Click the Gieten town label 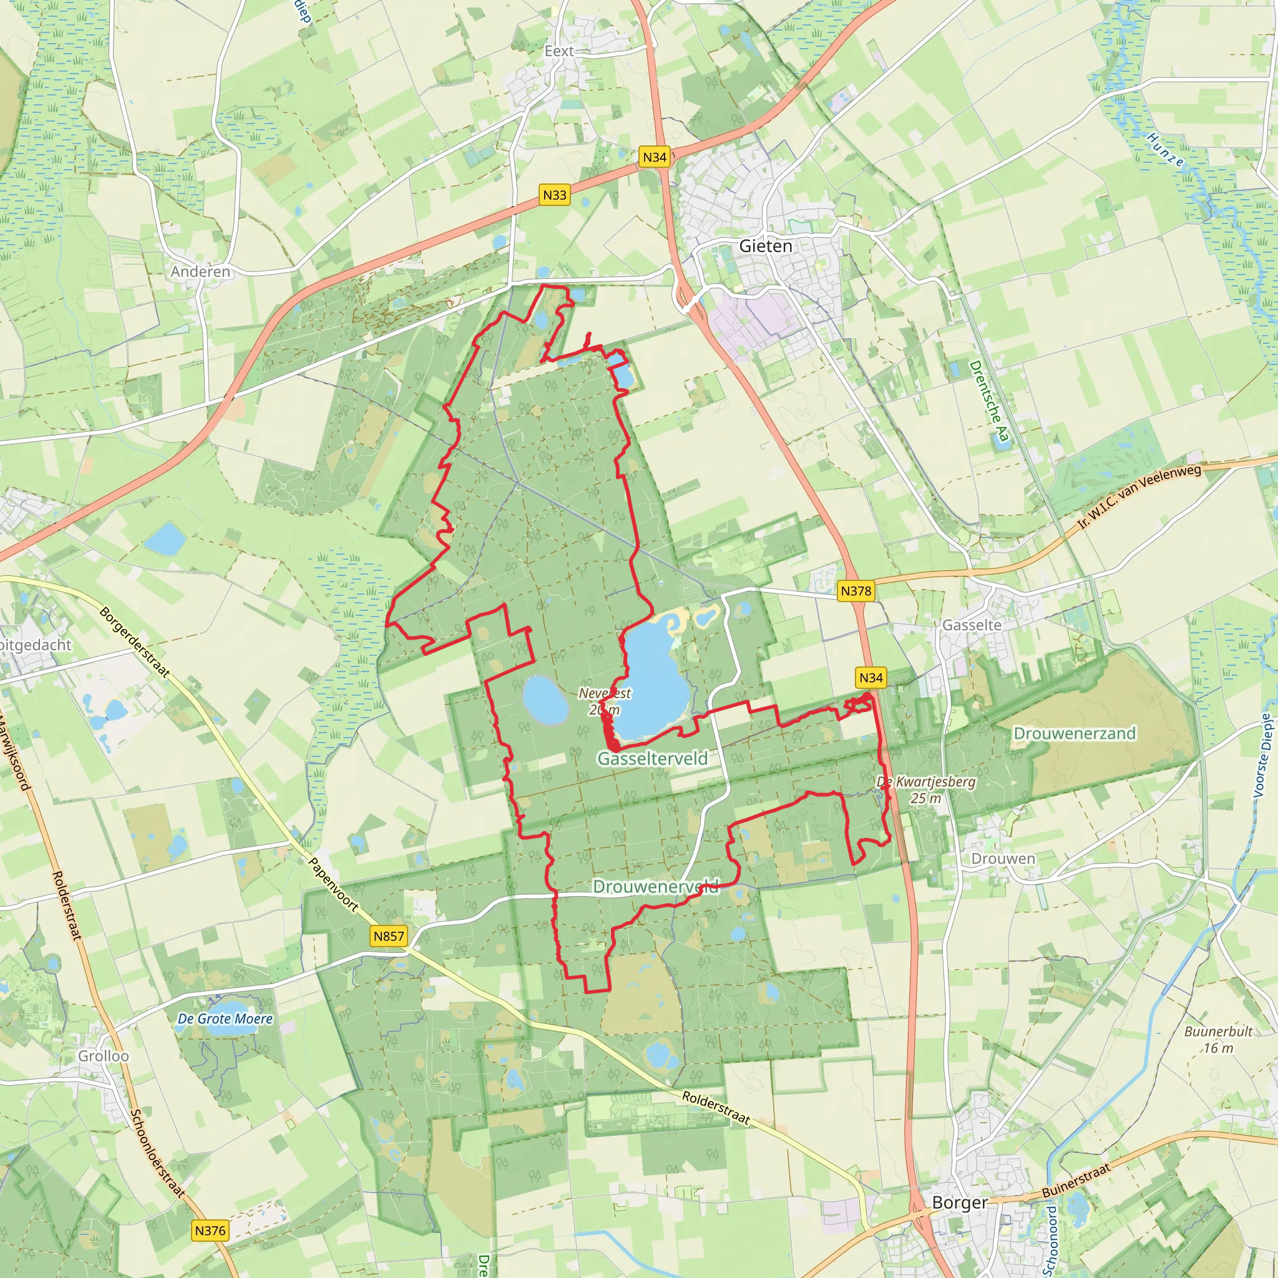(x=765, y=246)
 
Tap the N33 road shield (x=554, y=195)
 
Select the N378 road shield (x=856, y=591)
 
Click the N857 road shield (x=388, y=936)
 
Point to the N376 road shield (x=210, y=1231)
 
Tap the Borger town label (x=959, y=1202)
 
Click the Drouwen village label (x=1003, y=859)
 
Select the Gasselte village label (x=972, y=625)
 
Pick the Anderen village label (x=200, y=272)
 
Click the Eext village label (x=559, y=51)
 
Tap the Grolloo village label (x=104, y=1056)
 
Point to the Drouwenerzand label (x=1075, y=734)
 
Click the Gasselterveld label (x=652, y=759)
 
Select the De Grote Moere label (x=225, y=1018)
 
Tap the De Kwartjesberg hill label (x=925, y=789)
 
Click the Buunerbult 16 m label (x=1218, y=1039)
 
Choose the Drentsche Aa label (x=989, y=401)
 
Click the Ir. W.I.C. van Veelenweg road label (x=1139, y=496)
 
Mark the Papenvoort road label (x=333, y=885)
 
